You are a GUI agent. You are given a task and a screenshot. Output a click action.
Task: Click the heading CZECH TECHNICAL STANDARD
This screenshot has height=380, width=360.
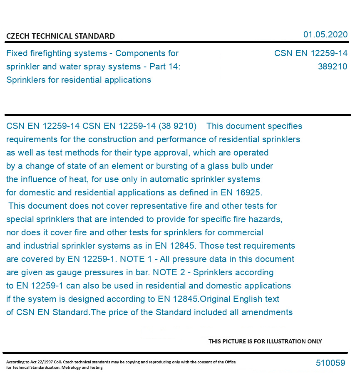pos(60,36)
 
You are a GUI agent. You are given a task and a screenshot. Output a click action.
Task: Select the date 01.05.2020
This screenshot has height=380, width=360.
pos(325,35)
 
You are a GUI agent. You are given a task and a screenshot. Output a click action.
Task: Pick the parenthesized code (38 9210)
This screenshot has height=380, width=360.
pos(177,126)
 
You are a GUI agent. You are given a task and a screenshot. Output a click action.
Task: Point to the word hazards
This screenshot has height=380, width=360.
pos(267,219)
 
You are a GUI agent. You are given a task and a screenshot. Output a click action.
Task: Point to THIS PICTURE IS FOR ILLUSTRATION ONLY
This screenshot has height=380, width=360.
pos(265,341)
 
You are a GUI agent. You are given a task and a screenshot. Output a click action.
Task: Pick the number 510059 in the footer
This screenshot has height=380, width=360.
pos(330,363)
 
